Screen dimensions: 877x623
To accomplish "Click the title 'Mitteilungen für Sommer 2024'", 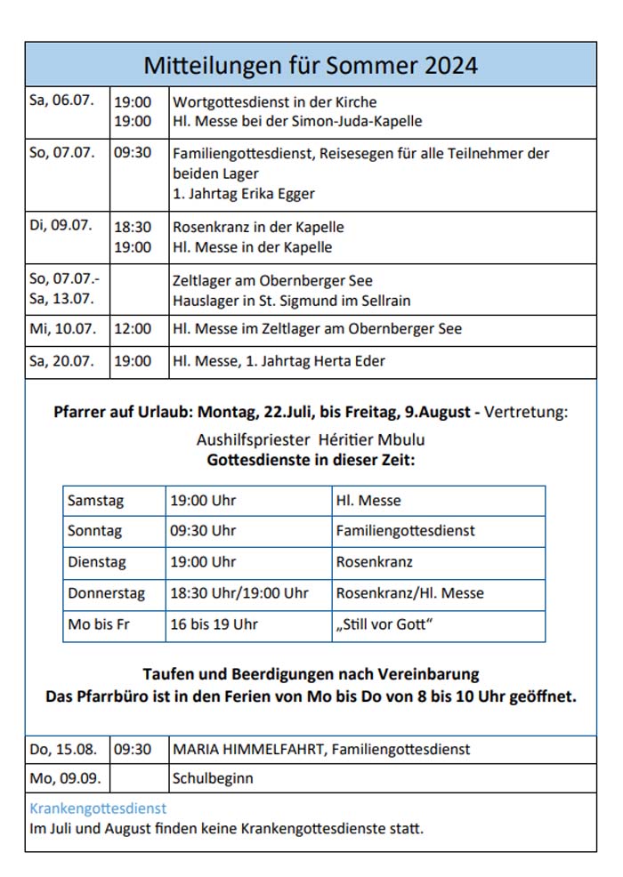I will [x=311, y=65].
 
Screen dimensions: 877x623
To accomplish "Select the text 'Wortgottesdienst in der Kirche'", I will [x=274, y=102].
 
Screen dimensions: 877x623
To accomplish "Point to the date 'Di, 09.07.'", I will [x=61, y=226].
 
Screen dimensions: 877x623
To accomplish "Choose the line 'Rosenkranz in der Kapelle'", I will [x=258, y=227].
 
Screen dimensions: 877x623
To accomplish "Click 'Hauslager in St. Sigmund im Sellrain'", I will [x=291, y=301].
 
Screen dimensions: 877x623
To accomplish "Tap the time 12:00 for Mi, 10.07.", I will [x=133, y=329].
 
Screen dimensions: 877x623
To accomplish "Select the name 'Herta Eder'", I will [x=349, y=360].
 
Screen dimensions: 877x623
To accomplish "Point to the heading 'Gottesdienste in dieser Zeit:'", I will [x=311, y=461].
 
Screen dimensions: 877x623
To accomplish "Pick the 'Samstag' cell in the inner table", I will [x=96, y=501].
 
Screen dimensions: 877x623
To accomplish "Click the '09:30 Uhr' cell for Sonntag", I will [x=203, y=531].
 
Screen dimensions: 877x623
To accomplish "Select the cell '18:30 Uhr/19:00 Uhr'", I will [x=239, y=593].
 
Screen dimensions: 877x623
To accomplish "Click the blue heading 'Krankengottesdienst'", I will [x=98, y=809].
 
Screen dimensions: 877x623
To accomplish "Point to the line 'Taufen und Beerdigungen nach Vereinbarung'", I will [x=311, y=674].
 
